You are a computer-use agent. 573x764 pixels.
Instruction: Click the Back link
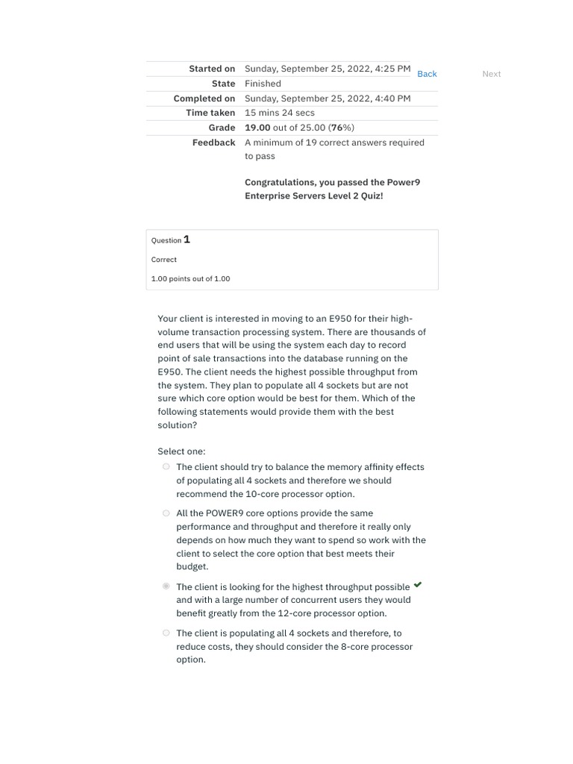[x=427, y=74]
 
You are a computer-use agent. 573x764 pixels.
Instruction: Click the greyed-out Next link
[x=492, y=74]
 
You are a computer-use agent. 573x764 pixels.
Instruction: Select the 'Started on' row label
[x=212, y=69]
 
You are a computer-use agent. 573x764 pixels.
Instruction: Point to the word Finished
[x=263, y=84]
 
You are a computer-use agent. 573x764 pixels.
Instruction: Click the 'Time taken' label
[x=210, y=113]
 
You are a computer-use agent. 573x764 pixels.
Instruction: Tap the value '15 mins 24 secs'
[x=280, y=113]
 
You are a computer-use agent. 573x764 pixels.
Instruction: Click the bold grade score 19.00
[x=257, y=128]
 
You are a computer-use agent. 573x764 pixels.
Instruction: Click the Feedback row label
[x=213, y=143]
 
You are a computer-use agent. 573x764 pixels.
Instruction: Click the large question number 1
[x=187, y=239]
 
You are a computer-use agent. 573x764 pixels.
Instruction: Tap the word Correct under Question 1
[x=164, y=260]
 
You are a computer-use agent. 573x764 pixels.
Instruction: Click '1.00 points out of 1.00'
[x=190, y=278]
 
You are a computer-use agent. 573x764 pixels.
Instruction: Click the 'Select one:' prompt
[x=181, y=451]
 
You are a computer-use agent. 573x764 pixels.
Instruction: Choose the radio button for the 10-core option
[x=166, y=467]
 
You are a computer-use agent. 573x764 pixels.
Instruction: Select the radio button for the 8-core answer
[x=166, y=633]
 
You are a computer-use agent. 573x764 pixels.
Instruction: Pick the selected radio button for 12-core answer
[x=166, y=586]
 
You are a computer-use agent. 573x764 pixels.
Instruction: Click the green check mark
[x=418, y=585]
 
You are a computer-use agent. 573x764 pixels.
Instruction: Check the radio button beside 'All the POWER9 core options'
[x=166, y=513]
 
